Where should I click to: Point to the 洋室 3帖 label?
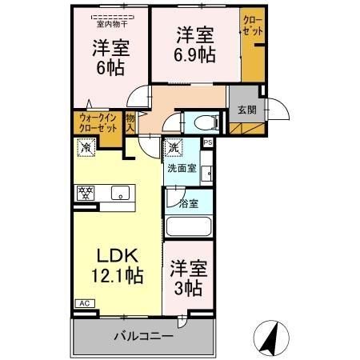[x=188, y=280]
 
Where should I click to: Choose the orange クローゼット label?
[x=252, y=25]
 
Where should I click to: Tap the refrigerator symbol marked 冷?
[x=85, y=148]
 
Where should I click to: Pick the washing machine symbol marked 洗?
[x=174, y=149]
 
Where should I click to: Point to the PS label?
[x=208, y=143]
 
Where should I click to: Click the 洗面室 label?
[x=180, y=169]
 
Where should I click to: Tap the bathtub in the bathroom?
[x=190, y=228]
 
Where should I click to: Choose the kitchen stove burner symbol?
[x=84, y=192]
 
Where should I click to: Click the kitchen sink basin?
[x=120, y=192]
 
